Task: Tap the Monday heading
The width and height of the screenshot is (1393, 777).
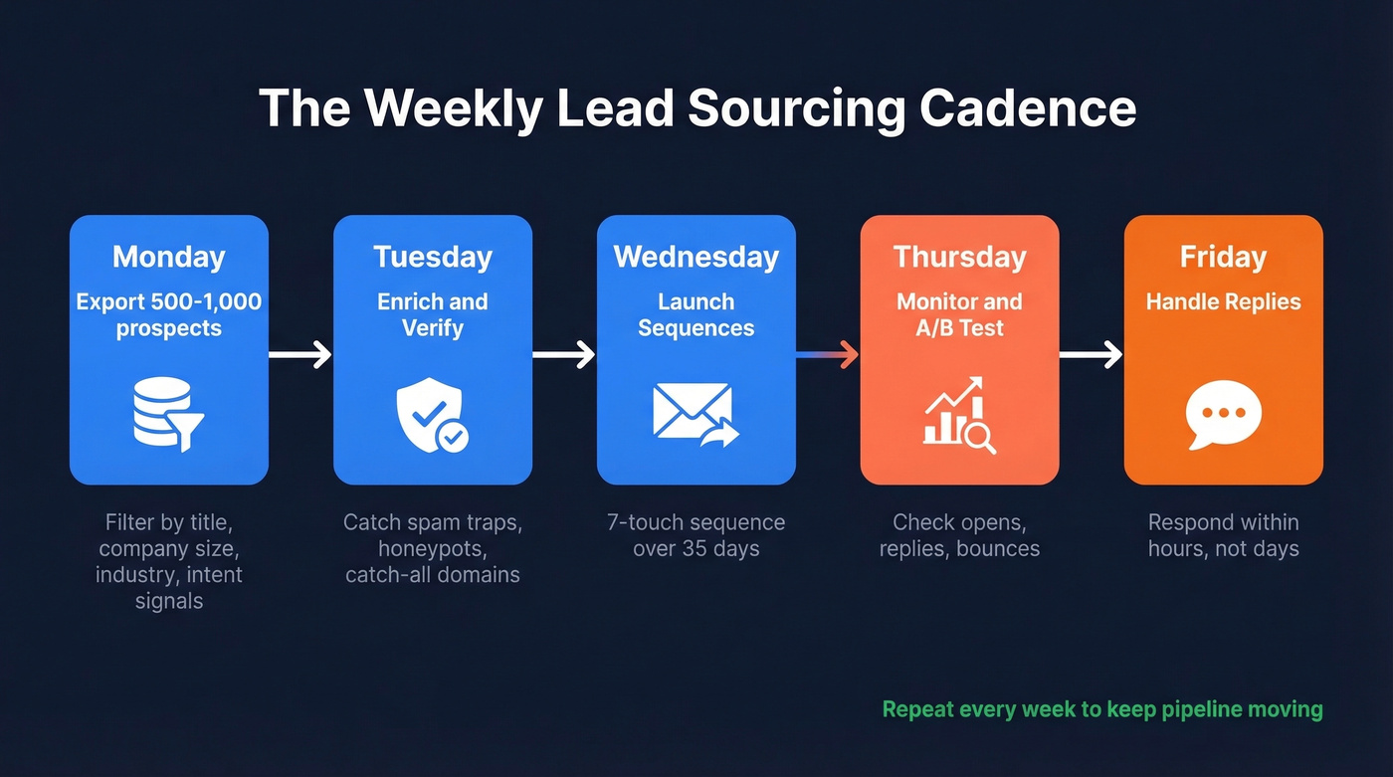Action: coord(168,257)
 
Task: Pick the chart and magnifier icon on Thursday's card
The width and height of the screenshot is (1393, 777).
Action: coord(959,415)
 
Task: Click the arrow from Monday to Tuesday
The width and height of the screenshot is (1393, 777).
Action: coord(300,353)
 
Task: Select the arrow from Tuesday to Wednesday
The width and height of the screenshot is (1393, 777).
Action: coord(564,353)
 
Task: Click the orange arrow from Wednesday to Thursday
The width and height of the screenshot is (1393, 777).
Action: coord(828,353)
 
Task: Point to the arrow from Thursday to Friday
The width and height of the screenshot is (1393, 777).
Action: coord(1092,353)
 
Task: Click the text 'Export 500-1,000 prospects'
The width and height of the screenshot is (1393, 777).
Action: coord(168,314)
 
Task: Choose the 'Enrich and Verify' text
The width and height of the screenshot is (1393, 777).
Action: coord(432,314)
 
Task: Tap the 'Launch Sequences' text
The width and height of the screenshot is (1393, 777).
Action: coord(696,314)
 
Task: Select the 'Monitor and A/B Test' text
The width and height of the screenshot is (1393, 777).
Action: coord(959,314)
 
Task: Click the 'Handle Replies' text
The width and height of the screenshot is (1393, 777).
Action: coord(1223,301)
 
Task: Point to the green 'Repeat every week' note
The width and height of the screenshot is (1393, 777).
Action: coord(1102,709)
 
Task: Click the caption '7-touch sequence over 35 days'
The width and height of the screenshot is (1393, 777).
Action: coord(696,535)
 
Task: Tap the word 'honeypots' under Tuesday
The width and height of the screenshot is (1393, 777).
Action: coord(432,548)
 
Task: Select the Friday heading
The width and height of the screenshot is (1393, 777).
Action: coord(1223,257)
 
